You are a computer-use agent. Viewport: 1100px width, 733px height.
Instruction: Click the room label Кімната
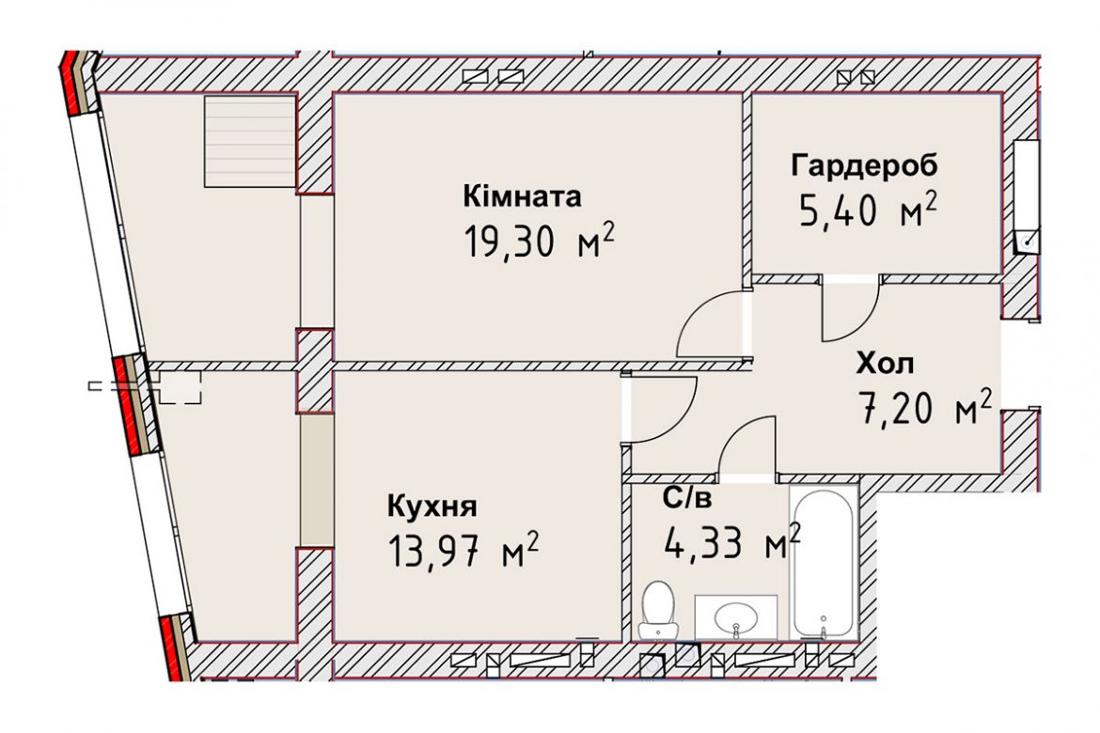[x=522, y=197]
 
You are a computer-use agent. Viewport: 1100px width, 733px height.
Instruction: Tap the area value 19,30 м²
[x=539, y=242]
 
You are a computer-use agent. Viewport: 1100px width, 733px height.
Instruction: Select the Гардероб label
[x=864, y=166]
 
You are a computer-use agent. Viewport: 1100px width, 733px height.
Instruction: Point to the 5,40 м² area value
[x=868, y=209]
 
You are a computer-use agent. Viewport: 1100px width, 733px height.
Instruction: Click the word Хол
[x=885, y=364]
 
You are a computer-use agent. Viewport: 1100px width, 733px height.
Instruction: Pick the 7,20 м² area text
[x=925, y=408]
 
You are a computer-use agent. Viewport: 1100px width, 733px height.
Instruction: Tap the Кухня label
[x=432, y=506]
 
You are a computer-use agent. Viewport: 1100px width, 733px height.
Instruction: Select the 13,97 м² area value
[x=463, y=551]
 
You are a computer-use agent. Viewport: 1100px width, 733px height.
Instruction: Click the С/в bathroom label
[x=687, y=498]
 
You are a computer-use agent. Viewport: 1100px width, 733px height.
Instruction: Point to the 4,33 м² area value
[x=731, y=541]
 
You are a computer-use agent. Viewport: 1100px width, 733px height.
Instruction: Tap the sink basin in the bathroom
[x=736, y=618]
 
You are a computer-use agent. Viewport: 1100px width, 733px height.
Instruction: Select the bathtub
[x=824, y=562]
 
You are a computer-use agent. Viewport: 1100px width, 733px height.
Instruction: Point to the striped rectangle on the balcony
[x=250, y=142]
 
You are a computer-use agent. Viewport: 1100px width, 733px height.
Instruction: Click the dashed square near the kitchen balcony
[x=181, y=387]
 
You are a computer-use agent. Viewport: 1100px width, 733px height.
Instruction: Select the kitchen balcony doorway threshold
[x=317, y=480]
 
